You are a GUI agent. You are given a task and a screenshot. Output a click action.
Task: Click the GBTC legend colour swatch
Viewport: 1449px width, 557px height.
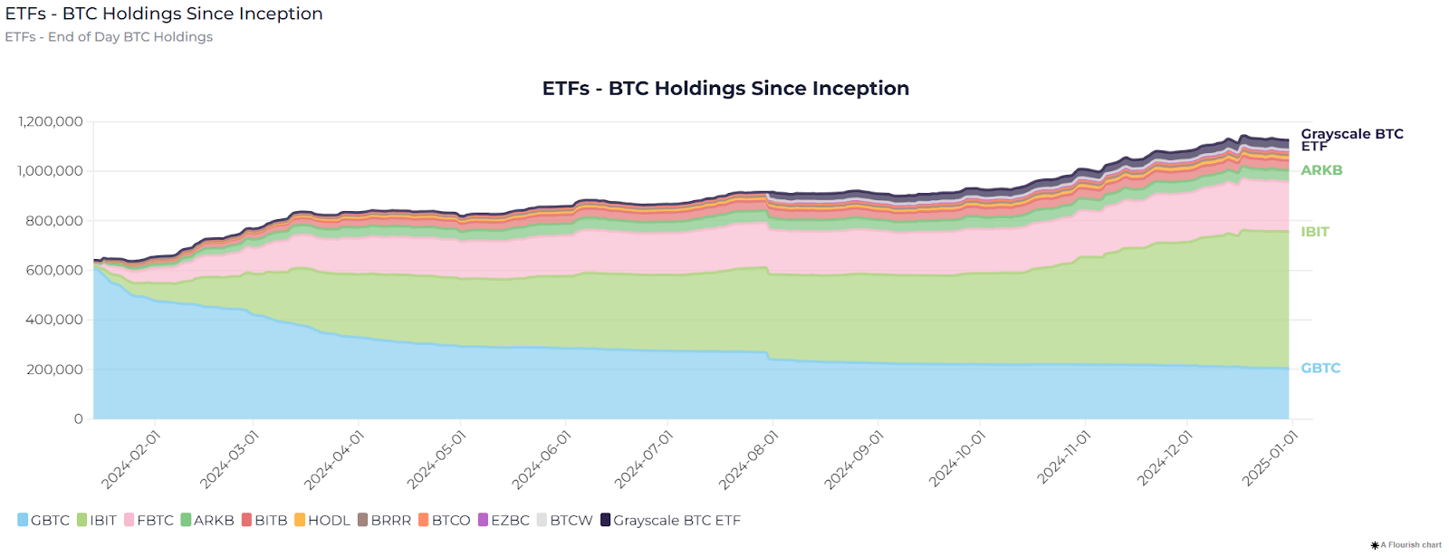coord(23,520)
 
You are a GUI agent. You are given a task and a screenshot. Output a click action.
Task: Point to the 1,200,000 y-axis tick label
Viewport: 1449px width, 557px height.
coord(51,121)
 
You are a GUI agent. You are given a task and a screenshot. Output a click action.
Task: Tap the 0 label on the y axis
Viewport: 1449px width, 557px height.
coord(79,418)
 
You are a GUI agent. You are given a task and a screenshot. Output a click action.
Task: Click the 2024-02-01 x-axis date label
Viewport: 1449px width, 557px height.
coord(130,460)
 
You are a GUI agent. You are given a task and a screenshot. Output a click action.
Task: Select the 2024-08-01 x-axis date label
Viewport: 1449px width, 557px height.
coord(749,460)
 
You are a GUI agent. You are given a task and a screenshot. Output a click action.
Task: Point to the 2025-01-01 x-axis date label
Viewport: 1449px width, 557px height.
coord(1271,458)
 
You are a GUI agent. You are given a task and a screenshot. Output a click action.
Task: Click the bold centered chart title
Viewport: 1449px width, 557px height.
coord(725,88)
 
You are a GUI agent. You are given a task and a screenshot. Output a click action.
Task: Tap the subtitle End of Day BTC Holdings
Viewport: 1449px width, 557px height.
coord(109,36)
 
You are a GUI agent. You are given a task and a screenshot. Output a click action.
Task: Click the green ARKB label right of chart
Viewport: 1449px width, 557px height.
coord(1321,170)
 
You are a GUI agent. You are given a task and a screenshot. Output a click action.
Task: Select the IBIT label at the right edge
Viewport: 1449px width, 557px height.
coord(1315,232)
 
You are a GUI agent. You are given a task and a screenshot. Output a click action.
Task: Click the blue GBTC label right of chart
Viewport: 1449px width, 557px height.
coord(1320,368)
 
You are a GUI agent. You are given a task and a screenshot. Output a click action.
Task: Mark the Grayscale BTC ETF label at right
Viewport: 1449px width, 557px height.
coord(1351,139)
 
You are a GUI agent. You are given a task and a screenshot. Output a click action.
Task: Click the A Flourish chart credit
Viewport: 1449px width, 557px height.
coord(1410,544)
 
